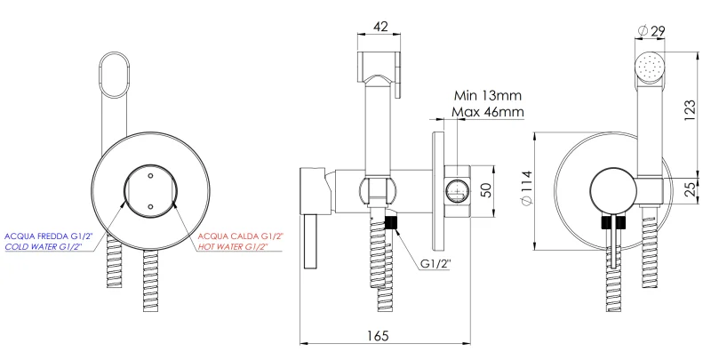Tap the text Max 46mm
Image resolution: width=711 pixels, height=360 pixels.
(487, 113)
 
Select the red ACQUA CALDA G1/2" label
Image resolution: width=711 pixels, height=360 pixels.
(242, 236)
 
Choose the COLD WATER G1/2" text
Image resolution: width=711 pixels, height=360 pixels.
(44, 247)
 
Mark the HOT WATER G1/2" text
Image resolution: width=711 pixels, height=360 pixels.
(240, 247)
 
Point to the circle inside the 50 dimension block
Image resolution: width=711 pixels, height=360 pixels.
(457, 189)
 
